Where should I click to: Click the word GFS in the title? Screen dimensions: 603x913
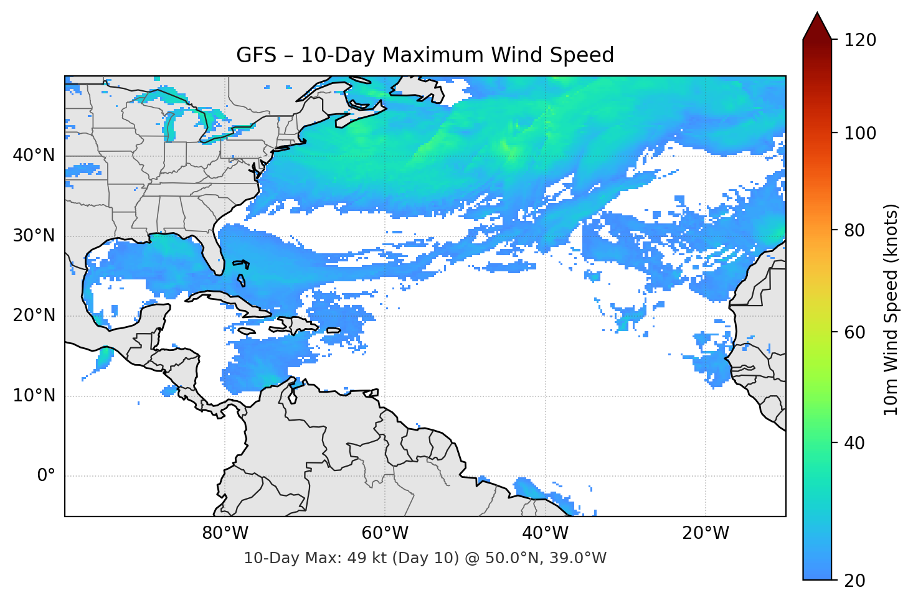click(x=256, y=55)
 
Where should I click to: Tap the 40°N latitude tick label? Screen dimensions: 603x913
click(x=34, y=156)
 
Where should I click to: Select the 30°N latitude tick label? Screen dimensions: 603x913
click(x=34, y=236)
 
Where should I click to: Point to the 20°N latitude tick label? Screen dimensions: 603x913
click(x=34, y=316)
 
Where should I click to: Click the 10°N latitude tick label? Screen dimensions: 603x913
click(x=34, y=396)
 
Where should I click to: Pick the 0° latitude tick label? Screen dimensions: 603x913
click(x=45, y=476)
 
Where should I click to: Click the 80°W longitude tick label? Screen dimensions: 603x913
click(x=225, y=533)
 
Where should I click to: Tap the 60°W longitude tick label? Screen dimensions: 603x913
click(x=385, y=533)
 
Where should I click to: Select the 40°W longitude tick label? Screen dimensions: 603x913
click(x=546, y=533)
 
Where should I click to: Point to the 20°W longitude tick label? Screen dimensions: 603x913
click(x=706, y=533)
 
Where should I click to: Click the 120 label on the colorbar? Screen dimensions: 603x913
click(x=860, y=40)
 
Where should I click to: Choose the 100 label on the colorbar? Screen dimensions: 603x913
click(x=860, y=133)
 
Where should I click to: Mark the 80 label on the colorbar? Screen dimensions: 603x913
click(x=856, y=230)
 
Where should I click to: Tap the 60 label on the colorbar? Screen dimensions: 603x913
click(x=856, y=332)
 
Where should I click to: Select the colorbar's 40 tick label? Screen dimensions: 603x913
click(x=856, y=443)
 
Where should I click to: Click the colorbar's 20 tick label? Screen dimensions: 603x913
click(x=856, y=581)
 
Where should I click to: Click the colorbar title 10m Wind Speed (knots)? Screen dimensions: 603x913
click(x=891, y=309)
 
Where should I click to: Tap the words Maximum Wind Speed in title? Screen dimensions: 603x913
click(x=498, y=55)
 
